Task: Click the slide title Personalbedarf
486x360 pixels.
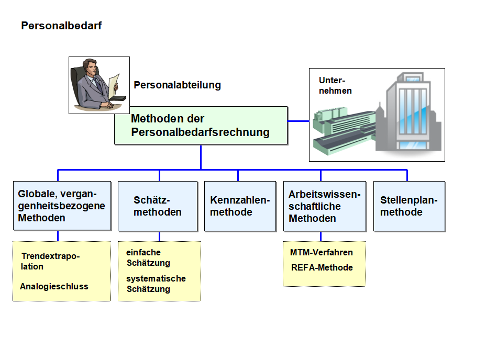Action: [61, 26]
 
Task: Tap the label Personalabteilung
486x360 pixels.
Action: [178, 85]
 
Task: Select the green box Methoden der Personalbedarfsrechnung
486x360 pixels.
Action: [201, 126]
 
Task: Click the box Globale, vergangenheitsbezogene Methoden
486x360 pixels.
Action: [62, 206]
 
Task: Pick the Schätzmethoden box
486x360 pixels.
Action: [158, 206]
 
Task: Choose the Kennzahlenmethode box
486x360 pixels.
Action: [240, 206]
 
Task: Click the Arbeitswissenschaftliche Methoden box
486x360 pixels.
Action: [325, 206]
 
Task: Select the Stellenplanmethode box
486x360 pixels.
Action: [410, 206]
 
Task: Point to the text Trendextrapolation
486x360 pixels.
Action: [50, 261]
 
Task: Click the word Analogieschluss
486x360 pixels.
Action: [54, 286]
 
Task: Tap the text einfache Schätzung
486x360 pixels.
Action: [148, 257]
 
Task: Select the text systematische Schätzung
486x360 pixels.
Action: [156, 284]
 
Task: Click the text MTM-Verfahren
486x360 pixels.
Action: [322, 253]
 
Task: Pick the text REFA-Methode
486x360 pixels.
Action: [322, 267]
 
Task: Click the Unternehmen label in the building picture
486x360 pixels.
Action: [335, 85]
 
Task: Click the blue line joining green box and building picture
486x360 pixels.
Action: [299, 121]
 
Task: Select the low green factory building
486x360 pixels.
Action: [344, 130]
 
